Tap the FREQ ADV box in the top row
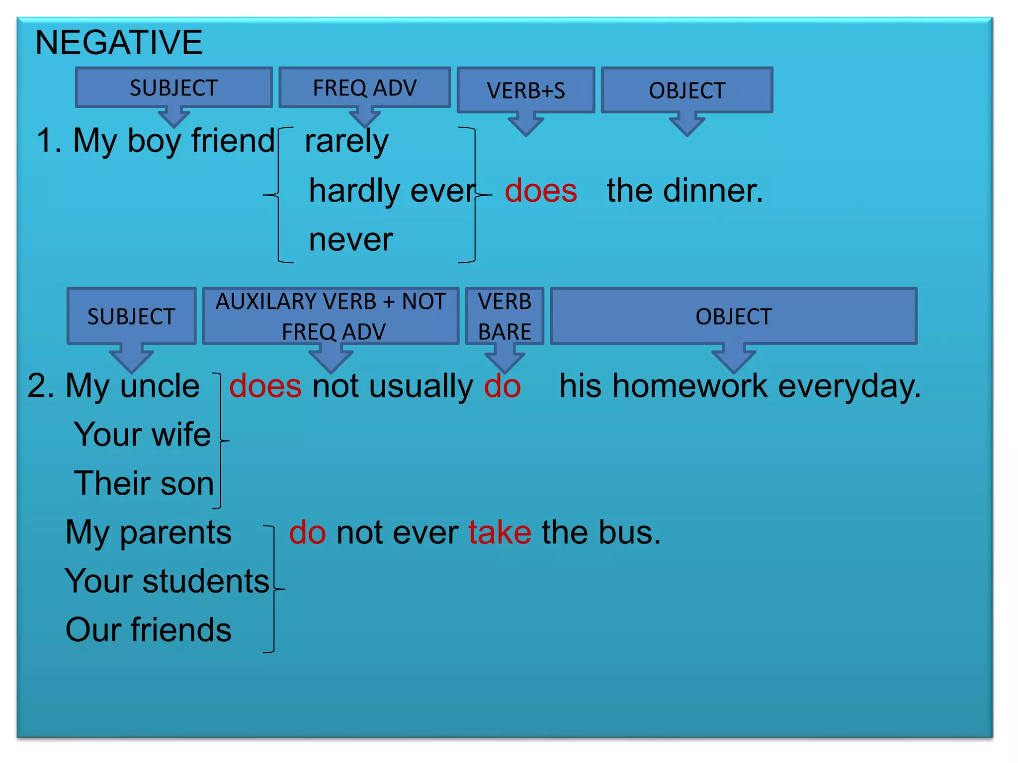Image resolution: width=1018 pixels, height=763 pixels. [364, 88]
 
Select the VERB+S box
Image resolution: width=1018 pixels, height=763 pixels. [525, 90]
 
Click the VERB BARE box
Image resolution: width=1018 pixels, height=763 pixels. [505, 316]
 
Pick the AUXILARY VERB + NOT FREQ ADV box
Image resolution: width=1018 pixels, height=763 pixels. [331, 316]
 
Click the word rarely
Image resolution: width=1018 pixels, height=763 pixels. [346, 142]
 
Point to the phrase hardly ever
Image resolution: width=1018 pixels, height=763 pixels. [392, 191]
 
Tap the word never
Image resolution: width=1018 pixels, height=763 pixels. [351, 240]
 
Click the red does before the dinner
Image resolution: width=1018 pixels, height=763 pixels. [541, 191]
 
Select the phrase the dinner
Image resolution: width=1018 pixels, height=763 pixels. [684, 191]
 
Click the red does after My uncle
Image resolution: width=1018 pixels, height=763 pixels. [265, 386]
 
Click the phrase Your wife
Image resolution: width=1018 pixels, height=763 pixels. [142, 435]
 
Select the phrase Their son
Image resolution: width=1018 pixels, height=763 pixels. [144, 483]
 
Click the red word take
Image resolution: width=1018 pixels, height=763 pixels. [500, 533]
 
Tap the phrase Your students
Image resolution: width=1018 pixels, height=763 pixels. [167, 581]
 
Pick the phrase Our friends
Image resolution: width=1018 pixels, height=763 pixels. [148, 630]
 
